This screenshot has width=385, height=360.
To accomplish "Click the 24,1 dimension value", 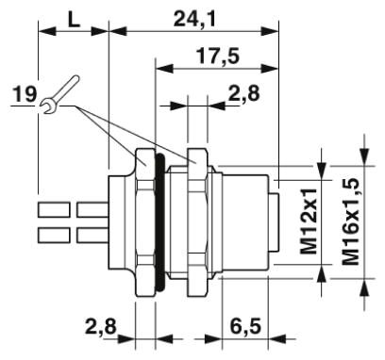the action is tap(194, 20).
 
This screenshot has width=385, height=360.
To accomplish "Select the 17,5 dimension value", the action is tap(218, 57).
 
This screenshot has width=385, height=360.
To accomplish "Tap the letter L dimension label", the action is tap(75, 20).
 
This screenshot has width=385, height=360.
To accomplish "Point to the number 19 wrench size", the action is tap(25, 94).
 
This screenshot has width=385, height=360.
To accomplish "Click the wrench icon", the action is tap(59, 94).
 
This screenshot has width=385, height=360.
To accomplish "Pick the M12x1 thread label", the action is tap(309, 221).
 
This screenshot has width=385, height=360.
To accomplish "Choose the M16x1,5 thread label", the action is tap(351, 221).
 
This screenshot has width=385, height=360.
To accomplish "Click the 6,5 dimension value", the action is tap(245, 327).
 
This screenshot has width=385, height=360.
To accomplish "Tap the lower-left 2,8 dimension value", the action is tap(101, 327).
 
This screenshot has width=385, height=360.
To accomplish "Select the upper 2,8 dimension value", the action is tap(244, 93).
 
